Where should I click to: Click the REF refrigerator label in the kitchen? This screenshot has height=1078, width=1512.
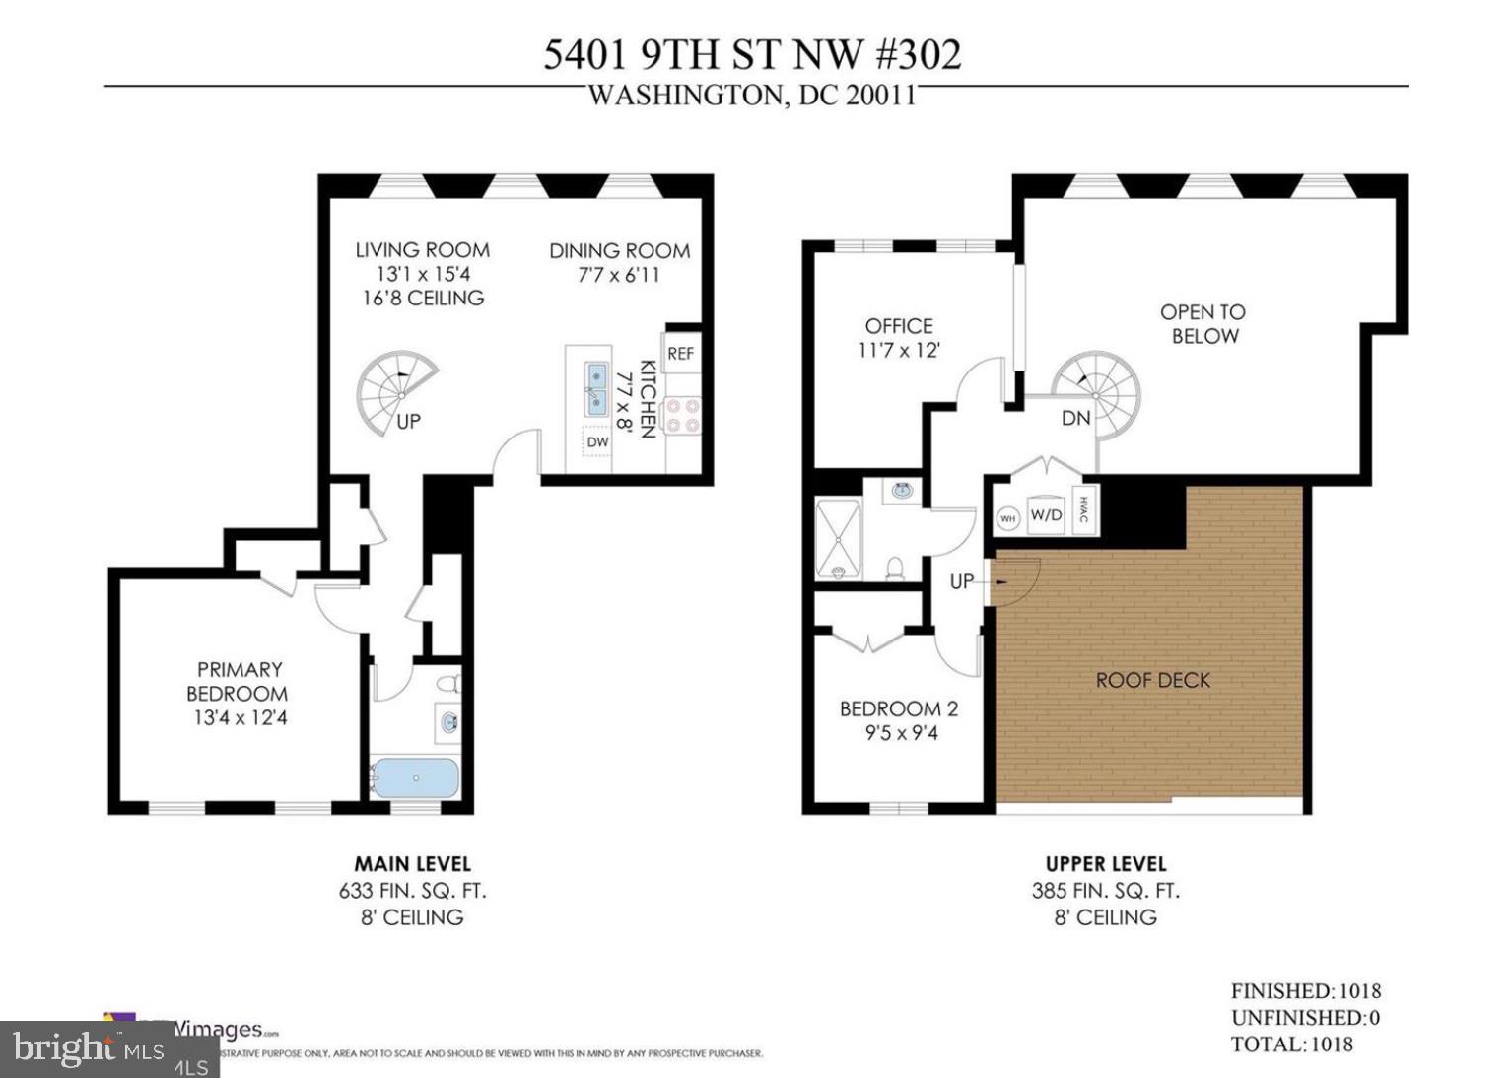click(680, 353)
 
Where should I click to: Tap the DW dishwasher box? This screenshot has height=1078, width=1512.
click(597, 443)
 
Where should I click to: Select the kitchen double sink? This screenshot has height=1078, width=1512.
click(597, 389)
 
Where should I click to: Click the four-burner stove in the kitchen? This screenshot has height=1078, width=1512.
click(682, 415)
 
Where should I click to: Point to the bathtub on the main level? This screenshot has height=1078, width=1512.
click(415, 777)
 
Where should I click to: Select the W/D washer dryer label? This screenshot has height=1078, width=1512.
click(1046, 514)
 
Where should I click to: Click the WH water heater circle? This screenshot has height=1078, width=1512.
click(1007, 518)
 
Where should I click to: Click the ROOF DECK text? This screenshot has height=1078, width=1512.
click(1152, 680)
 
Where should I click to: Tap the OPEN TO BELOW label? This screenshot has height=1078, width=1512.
click(1203, 324)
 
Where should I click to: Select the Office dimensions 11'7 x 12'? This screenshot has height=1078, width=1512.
click(898, 350)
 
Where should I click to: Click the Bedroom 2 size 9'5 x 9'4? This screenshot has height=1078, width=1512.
click(898, 732)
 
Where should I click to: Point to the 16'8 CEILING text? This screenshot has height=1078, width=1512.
click(423, 298)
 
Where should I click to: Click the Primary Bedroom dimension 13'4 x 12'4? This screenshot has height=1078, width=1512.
click(240, 717)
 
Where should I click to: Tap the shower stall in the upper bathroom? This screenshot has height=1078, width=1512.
click(838, 540)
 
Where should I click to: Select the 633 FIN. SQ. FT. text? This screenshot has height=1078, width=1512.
click(412, 891)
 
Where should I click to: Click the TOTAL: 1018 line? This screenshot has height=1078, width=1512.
click(1291, 1044)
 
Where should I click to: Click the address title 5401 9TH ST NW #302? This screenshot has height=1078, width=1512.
click(752, 55)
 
